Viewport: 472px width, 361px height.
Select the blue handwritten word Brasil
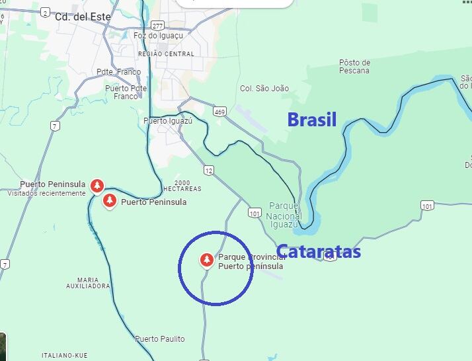312,120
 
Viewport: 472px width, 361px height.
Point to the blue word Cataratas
319,252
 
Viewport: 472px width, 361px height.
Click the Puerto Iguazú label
168,121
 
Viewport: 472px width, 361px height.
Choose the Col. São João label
264,88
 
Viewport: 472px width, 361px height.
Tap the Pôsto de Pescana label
354,67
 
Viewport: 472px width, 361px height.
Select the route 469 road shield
219,111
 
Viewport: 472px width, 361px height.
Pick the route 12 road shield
209,171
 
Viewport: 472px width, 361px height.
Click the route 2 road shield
45,12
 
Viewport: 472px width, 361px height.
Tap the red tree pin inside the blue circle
207,261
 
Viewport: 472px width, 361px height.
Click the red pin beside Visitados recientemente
97,185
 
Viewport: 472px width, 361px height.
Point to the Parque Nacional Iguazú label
284,215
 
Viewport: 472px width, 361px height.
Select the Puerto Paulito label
160,339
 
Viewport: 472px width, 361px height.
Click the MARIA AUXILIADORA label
88,283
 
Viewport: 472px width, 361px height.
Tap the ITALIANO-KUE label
64,355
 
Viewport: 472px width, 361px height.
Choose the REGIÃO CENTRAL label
166,54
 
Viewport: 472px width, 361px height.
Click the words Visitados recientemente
46,193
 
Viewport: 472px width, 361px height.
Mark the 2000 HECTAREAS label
182,186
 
